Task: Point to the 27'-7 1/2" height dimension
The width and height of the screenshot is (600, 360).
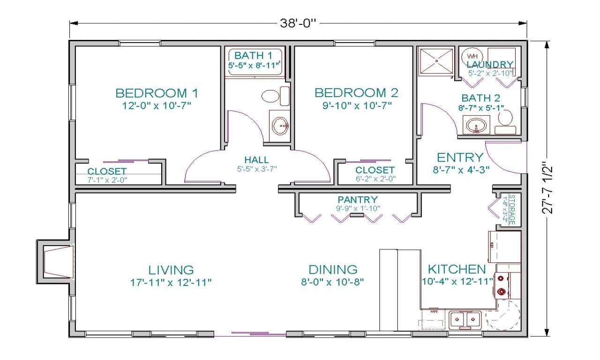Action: click(548, 188)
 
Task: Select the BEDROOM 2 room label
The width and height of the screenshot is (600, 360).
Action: click(356, 92)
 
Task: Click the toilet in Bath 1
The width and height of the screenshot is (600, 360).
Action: click(270, 96)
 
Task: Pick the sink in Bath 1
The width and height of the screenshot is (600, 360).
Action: click(280, 125)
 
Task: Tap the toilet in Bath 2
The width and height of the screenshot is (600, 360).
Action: click(505, 120)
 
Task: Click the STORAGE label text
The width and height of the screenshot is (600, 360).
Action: click(512, 210)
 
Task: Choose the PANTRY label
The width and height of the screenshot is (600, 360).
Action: click(357, 200)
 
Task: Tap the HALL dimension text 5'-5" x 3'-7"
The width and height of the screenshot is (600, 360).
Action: click(257, 168)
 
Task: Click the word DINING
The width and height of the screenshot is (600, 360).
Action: click(333, 270)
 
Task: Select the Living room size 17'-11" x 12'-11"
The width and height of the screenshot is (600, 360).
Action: click(171, 282)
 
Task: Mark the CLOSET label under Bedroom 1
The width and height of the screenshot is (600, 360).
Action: click(107, 171)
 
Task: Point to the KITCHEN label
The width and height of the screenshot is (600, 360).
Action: click(457, 269)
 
